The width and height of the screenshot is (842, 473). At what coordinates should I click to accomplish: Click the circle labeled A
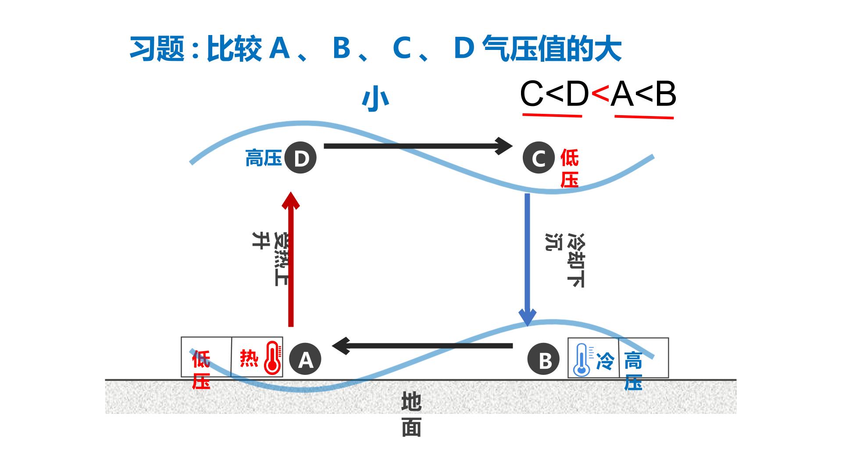[x=305, y=360]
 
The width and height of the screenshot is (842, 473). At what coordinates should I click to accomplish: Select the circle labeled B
[x=544, y=360]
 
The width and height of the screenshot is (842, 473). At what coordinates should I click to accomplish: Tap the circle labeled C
[x=539, y=158]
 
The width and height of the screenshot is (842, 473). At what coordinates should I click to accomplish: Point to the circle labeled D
[x=300, y=158]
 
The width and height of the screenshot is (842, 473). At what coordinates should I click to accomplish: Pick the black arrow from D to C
[x=418, y=146]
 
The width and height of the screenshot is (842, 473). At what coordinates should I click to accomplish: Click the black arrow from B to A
[x=422, y=346]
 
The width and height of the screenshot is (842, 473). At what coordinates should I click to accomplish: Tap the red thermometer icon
[x=272, y=357]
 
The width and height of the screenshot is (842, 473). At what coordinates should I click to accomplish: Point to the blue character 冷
[x=605, y=361]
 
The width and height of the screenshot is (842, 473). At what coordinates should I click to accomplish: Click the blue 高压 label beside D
[x=263, y=158]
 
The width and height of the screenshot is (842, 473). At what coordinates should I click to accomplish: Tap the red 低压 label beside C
[x=569, y=169]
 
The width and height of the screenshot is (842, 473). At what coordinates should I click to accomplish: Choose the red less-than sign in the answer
[x=600, y=94]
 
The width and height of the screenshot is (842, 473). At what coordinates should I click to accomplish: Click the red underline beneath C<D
[x=552, y=116]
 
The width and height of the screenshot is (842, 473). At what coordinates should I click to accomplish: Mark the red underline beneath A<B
[x=644, y=117]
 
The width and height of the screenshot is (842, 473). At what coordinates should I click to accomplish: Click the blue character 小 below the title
[x=375, y=99]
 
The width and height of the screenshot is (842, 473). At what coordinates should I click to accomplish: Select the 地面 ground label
[x=411, y=414]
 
